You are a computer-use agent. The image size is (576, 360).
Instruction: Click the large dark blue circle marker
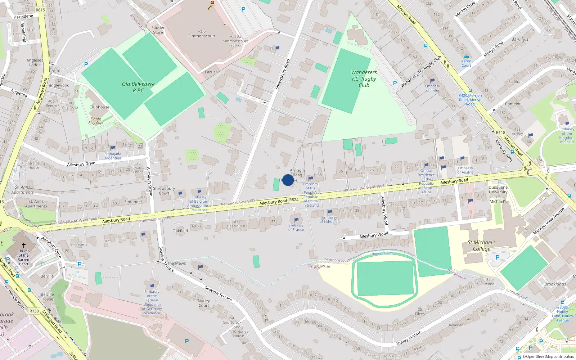click(x=288, y=180)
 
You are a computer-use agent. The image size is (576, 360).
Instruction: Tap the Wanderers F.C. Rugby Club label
click(x=364, y=79)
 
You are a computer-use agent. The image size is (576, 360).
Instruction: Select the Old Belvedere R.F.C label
click(x=138, y=87)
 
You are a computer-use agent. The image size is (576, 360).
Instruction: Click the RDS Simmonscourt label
click(x=202, y=33)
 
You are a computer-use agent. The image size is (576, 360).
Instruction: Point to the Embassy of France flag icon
click(x=296, y=220)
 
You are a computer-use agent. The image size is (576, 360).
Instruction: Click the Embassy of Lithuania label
click(x=329, y=220)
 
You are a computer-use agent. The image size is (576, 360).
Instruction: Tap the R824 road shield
click(x=294, y=199)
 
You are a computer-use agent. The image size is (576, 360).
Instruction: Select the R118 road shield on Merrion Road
click(x=500, y=132)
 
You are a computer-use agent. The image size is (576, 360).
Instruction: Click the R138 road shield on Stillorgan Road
click(x=34, y=311)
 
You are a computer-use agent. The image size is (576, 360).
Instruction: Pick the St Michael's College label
click(x=482, y=246)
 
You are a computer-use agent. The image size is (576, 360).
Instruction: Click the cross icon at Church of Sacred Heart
click(x=24, y=245)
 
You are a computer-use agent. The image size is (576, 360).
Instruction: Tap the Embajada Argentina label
click(x=113, y=156)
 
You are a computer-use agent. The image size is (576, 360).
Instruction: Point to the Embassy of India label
click(x=432, y=88)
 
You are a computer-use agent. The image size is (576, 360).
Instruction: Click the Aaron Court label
click(x=466, y=63)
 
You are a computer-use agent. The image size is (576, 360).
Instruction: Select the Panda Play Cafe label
click(x=96, y=120)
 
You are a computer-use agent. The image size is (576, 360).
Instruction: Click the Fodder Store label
click(x=158, y=30)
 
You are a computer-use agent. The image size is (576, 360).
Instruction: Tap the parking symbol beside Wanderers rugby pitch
click(x=395, y=83)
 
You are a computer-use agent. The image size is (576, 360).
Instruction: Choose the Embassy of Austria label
click(x=465, y=170)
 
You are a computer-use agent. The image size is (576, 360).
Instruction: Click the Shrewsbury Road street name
click(x=283, y=74)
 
